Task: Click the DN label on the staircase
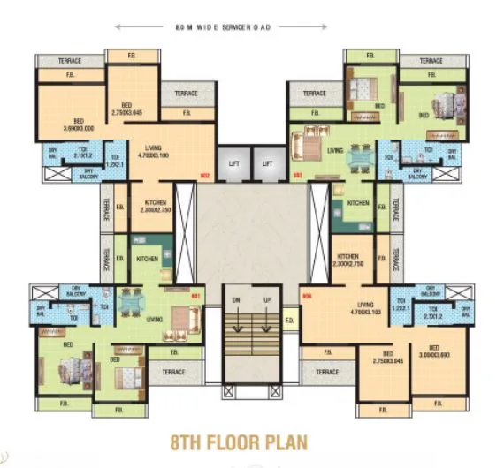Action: click(236, 300)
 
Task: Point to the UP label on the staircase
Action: click(266, 300)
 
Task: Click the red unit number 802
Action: click(203, 175)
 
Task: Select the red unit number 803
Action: click(298, 175)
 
